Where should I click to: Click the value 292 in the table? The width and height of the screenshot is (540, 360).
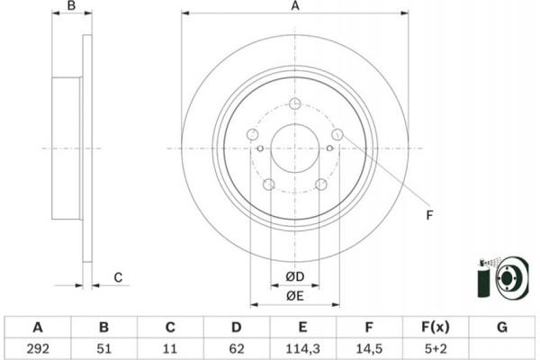click(38, 349)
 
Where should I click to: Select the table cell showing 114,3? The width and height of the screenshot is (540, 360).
click(302, 349)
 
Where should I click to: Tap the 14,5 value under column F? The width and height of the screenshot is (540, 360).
click(369, 349)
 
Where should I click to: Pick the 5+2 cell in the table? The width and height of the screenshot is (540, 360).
click(436, 349)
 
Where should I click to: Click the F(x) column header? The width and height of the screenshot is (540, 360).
click(436, 327)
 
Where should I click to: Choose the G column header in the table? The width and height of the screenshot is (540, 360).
click(502, 327)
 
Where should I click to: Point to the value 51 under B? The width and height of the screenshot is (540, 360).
click(104, 349)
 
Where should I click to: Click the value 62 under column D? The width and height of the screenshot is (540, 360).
click(236, 349)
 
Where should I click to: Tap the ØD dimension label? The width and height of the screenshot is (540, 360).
click(295, 276)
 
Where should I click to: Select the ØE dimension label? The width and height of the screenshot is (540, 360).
click(295, 296)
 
